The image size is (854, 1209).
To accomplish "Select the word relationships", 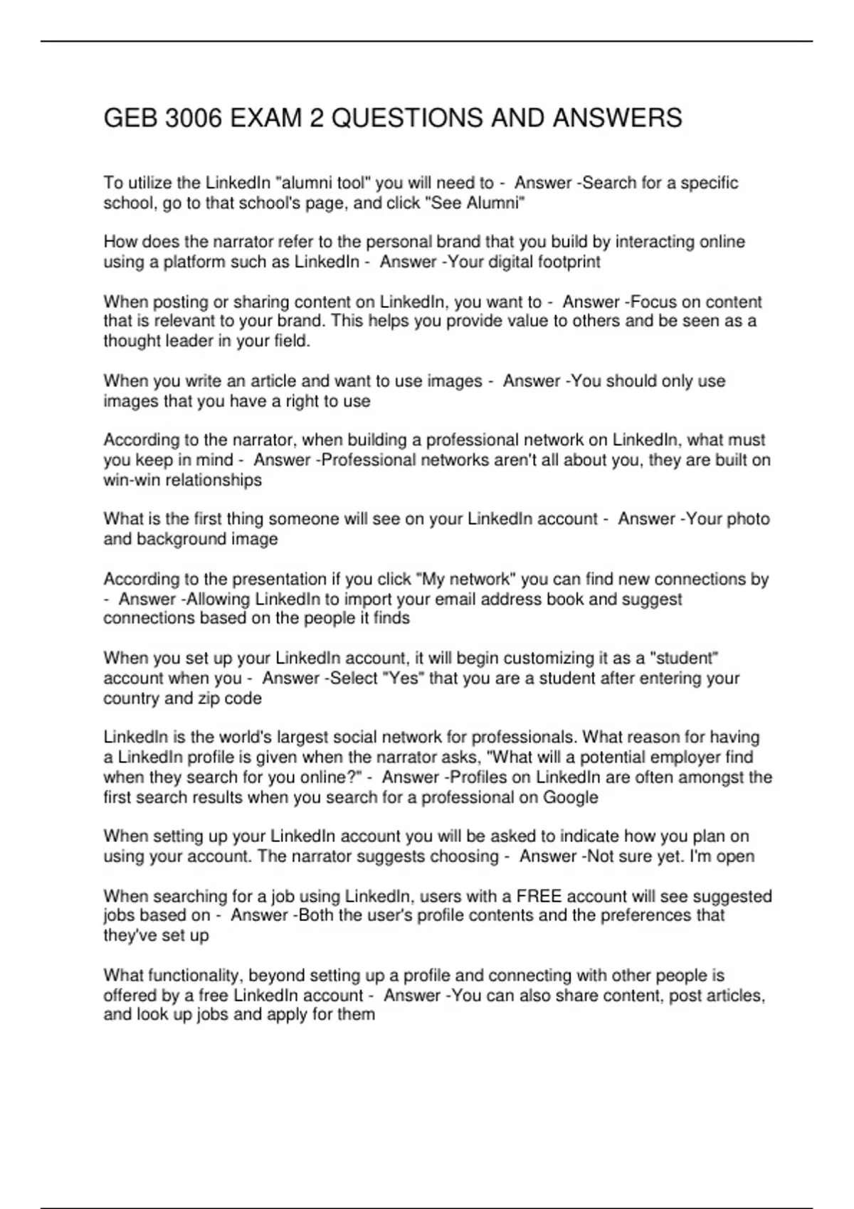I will (x=213, y=480).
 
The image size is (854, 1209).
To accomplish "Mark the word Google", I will (x=571, y=797).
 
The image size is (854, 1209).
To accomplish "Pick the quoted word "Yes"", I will (x=403, y=678).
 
